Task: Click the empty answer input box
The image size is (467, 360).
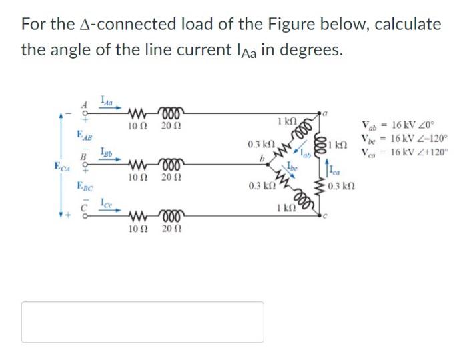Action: click(143, 322)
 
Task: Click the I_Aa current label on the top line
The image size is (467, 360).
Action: click(107, 101)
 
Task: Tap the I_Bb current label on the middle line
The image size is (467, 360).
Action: click(106, 151)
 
